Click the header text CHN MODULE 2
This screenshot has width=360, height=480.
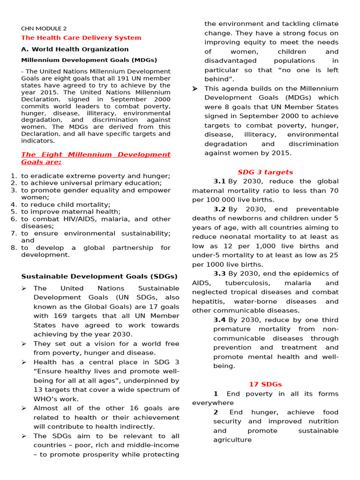[44, 28]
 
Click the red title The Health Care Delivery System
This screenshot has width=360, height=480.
[81, 38]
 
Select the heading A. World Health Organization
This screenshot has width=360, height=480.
[75, 49]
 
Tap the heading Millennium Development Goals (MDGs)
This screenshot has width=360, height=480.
[89, 60]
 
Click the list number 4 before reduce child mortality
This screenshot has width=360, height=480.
[14, 205]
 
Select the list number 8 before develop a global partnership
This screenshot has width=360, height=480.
[14, 248]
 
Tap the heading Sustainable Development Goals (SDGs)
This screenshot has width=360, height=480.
[99, 277]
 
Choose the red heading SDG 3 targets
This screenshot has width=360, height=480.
[265, 172]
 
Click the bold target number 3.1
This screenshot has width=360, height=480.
[219, 181]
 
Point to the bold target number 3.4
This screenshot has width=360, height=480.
[219, 320]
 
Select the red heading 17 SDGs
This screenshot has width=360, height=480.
[265, 384]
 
